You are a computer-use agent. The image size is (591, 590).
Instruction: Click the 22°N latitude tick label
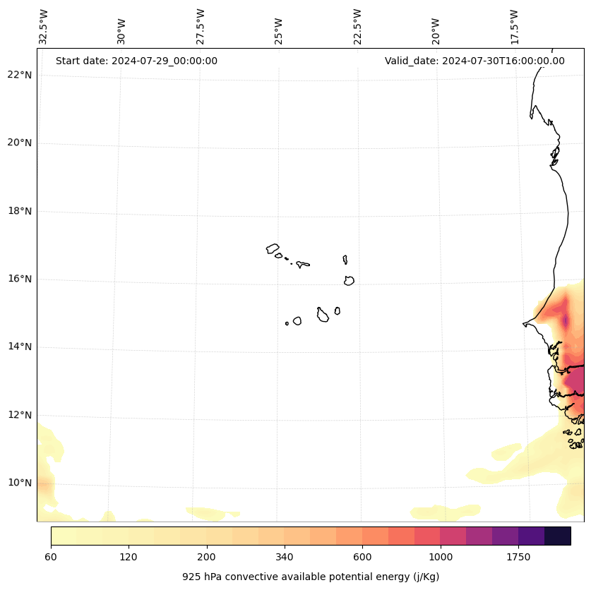(20, 75)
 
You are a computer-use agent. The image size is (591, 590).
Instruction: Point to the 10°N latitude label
(20, 483)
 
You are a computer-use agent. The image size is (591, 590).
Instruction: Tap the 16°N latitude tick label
(20, 279)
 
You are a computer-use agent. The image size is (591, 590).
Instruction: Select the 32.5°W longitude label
(44, 27)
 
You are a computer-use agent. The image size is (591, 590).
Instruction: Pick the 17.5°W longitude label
(514, 27)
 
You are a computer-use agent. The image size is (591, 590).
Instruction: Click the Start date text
(136, 61)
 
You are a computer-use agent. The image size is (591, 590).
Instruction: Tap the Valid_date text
(474, 61)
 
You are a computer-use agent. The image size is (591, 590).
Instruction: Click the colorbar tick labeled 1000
(440, 557)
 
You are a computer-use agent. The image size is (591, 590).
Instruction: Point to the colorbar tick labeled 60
(51, 557)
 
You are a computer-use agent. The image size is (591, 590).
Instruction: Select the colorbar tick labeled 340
(285, 557)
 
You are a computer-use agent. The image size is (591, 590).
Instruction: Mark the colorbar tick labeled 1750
(518, 557)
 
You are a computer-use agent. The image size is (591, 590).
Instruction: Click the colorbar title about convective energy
(311, 577)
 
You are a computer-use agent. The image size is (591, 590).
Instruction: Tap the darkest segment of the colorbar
(558, 536)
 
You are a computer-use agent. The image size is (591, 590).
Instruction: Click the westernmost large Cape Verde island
(273, 248)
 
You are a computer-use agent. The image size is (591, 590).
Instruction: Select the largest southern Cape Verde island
(323, 315)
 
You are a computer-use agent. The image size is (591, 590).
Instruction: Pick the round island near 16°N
(349, 280)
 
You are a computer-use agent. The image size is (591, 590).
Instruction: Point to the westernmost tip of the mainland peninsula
(524, 324)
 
